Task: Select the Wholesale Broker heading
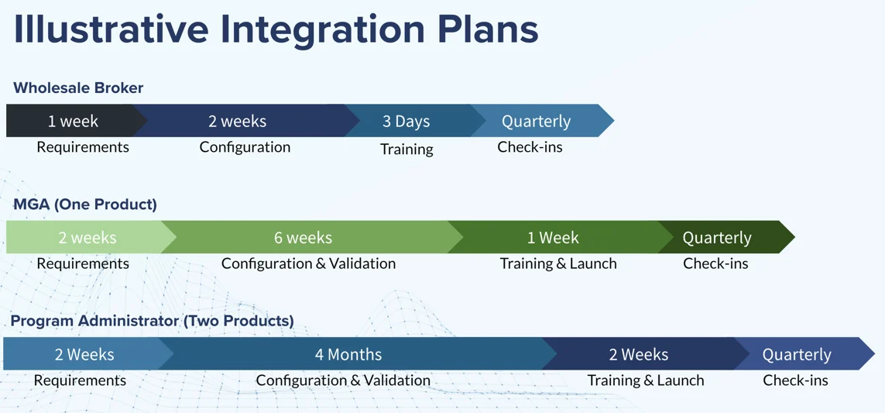(x=78, y=88)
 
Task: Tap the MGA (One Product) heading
(x=85, y=205)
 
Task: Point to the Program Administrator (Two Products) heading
(x=153, y=321)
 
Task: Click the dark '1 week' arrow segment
(x=73, y=121)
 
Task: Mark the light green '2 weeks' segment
(x=87, y=237)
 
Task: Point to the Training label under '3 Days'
(x=407, y=149)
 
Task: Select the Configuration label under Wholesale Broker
(x=245, y=147)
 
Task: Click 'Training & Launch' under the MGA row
(x=558, y=263)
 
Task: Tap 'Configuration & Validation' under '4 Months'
(x=343, y=380)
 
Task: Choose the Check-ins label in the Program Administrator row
(x=795, y=380)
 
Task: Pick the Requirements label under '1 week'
(x=83, y=147)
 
